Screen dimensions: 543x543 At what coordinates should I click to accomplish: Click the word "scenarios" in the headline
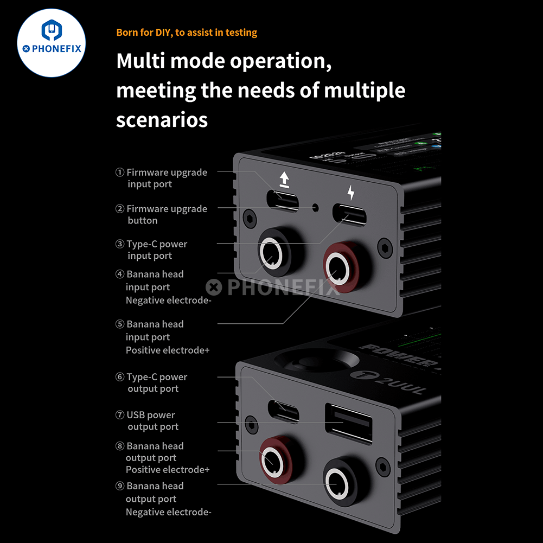(x=162, y=120)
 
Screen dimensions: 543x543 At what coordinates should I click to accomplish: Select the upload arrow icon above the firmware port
(x=284, y=180)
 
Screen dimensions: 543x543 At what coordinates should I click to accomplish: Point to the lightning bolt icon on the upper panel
(x=351, y=193)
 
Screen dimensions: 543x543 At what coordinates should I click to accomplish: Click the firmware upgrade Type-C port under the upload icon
(x=283, y=201)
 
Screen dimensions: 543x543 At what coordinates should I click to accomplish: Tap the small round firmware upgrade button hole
(x=316, y=208)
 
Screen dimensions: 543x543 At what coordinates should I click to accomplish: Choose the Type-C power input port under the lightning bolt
(x=349, y=215)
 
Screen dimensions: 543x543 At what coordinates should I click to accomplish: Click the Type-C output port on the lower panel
(x=283, y=411)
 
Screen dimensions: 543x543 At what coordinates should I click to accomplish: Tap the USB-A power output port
(x=348, y=423)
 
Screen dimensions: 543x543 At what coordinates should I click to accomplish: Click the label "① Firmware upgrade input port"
(x=161, y=178)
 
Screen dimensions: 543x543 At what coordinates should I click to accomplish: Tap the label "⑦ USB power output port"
(x=147, y=420)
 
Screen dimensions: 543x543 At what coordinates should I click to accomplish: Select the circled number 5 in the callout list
(x=120, y=324)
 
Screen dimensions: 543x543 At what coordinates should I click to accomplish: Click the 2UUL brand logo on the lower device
(x=388, y=382)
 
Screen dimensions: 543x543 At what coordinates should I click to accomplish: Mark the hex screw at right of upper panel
(x=385, y=247)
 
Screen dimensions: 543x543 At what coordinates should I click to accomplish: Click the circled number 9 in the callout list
(x=120, y=486)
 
